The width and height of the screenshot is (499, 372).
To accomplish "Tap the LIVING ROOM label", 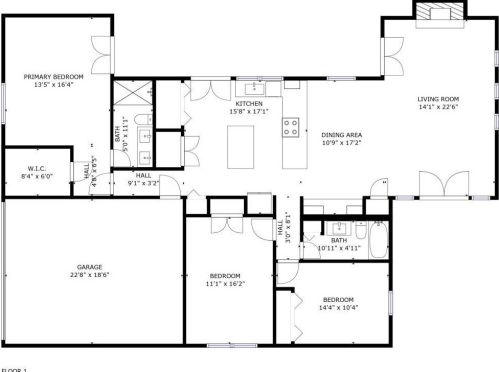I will pos(438,99).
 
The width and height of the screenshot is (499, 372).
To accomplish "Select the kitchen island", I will pos(241,148).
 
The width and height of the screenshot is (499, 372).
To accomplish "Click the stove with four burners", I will pos(292,127).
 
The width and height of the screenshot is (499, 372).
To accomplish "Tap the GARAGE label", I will pos(91,267).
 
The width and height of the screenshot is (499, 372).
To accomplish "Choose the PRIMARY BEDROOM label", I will pos(54,76).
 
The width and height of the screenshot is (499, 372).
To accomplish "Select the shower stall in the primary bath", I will pos(130,95).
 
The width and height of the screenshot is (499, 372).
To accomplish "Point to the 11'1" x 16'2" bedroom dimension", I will pos(225,284).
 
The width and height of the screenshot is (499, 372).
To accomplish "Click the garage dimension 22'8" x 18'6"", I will pos(91,275).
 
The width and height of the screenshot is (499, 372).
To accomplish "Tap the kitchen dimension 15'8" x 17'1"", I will pos(249,112).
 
